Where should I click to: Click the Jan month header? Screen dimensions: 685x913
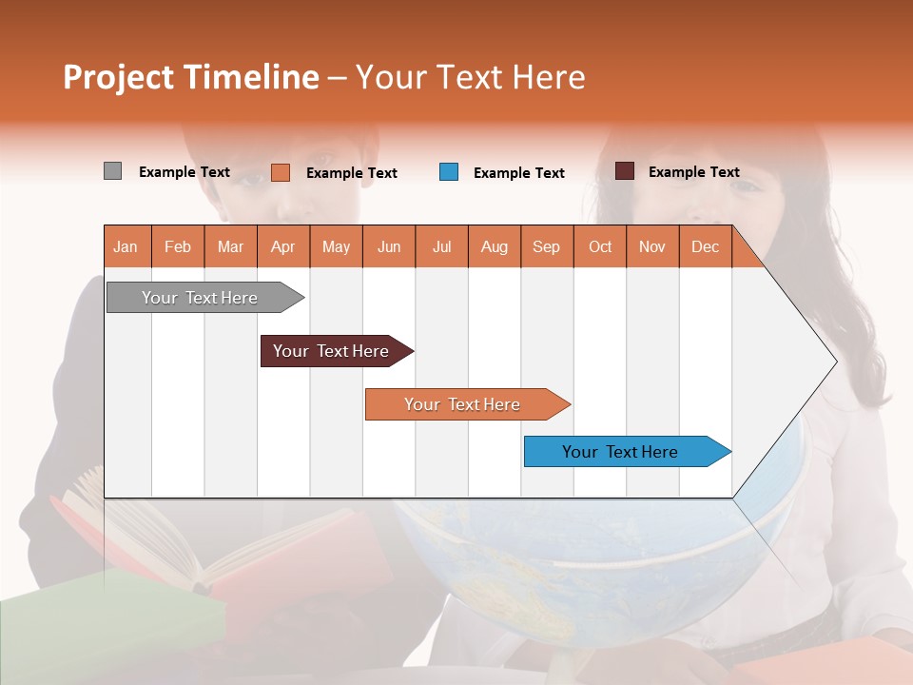[x=126, y=246]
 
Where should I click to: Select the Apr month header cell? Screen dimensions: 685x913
[x=283, y=246]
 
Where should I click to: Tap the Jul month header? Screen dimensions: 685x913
[x=441, y=246]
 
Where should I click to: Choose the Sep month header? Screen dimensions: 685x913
[x=547, y=246]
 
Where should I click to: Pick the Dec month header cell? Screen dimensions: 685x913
[x=705, y=246]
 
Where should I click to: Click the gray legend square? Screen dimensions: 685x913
[x=112, y=171]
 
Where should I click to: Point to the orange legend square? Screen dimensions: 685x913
[x=280, y=172]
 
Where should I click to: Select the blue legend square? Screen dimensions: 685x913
[x=449, y=172]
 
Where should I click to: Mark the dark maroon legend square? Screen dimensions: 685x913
[x=624, y=171]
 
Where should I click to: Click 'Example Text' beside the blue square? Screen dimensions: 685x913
[x=519, y=173]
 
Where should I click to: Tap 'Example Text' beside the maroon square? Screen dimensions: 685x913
[x=694, y=172]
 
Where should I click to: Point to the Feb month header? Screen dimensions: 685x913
[x=178, y=246]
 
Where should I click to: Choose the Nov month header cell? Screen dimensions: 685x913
[x=652, y=246]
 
